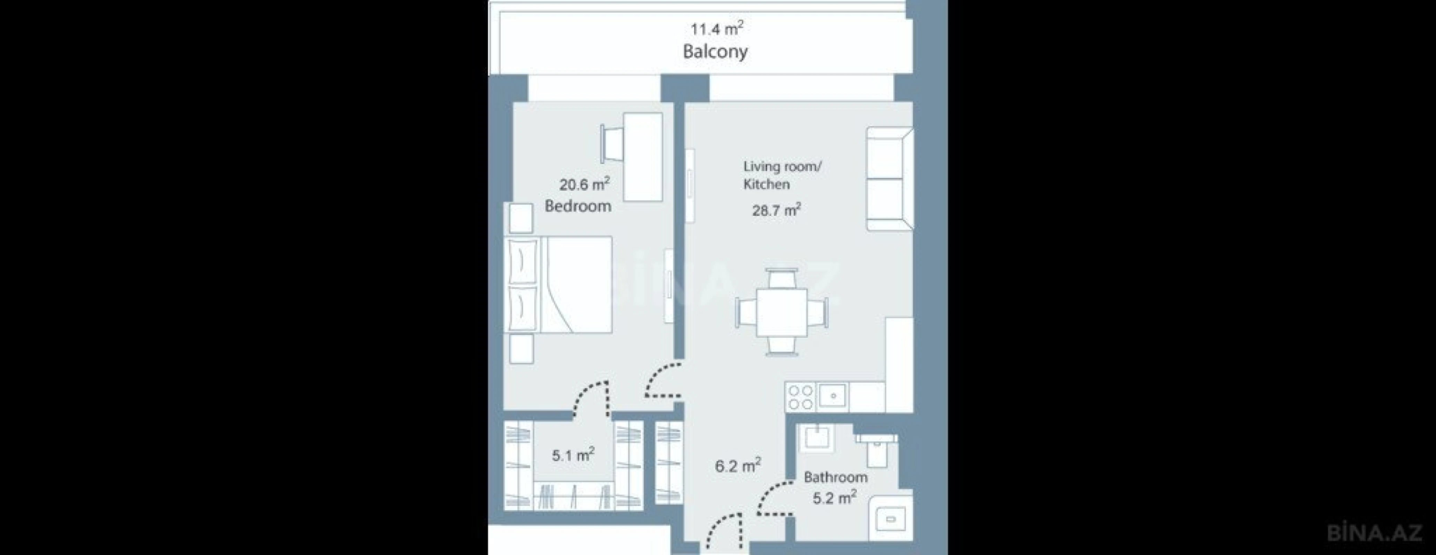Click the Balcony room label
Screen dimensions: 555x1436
point(715,52)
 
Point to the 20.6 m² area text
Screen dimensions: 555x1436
point(584,184)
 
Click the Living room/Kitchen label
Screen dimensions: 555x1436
point(782,175)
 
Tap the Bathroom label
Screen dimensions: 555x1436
point(835,477)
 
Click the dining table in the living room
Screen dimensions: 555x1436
point(782,313)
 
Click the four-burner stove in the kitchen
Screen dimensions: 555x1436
point(800,397)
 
